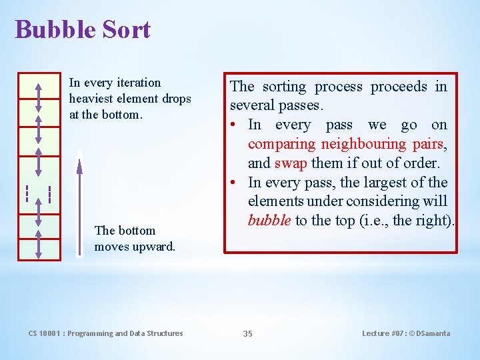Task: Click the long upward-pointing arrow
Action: point(79,200)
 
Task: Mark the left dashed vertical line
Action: point(27,193)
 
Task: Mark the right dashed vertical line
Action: point(50,193)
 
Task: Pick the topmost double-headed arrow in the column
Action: point(38,97)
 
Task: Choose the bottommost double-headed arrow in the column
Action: point(38,244)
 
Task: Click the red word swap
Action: point(289,163)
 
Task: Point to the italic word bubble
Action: point(269,221)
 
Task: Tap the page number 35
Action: point(247,333)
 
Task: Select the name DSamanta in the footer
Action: point(432,333)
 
